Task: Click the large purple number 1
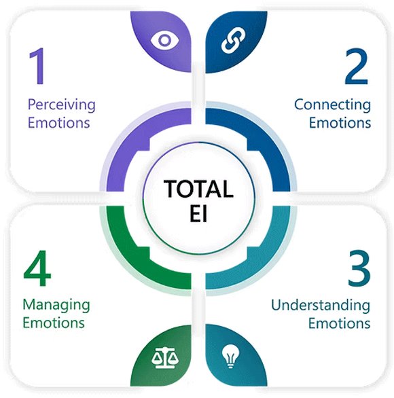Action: [x=38, y=66]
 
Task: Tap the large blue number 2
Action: [x=356, y=67]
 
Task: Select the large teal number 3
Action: [x=359, y=268]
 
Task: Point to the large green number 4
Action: [x=37, y=268]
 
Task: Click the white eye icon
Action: [x=164, y=40]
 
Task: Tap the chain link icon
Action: [x=233, y=41]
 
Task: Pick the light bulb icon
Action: [x=230, y=357]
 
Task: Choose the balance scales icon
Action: [x=165, y=357]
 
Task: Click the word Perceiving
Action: [x=62, y=105]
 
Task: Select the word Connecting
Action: [x=333, y=105]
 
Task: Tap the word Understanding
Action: [x=321, y=306]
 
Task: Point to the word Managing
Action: [x=56, y=306]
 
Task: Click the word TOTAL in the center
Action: [x=198, y=189]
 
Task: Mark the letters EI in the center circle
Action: [x=198, y=213]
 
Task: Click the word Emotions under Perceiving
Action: [x=58, y=123]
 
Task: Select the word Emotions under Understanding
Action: [x=340, y=323]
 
